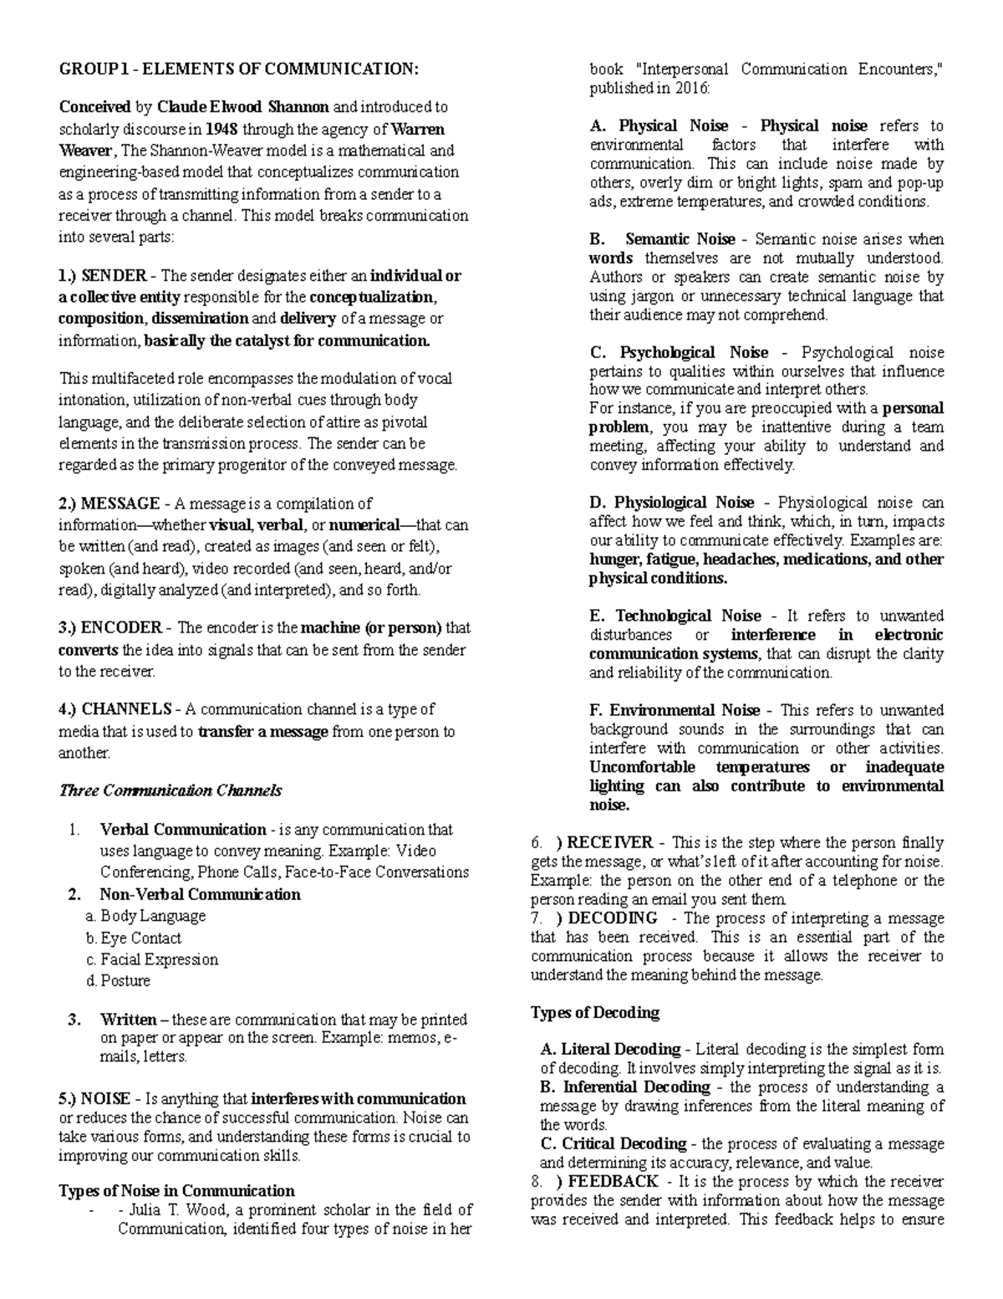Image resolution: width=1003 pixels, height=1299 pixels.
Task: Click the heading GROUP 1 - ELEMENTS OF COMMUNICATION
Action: click(237, 69)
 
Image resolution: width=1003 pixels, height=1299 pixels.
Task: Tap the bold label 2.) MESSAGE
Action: click(109, 504)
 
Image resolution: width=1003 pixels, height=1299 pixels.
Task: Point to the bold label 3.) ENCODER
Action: click(110, 628)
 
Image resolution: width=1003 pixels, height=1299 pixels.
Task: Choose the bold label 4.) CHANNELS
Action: click(115, 709)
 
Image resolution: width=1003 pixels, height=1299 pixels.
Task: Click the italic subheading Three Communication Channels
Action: click(170, 790)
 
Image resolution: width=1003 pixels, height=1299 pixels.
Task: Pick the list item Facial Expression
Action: click(159, 959)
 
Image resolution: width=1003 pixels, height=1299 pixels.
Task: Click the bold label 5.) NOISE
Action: click(94, 1098)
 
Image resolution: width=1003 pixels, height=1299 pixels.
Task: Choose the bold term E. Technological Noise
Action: click(675, 616)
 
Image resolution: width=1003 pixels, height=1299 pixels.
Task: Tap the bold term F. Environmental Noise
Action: click(675, 710)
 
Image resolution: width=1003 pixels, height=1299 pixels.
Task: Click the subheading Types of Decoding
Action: click(595, 1012)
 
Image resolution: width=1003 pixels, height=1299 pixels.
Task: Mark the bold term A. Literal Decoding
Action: click(610, 1049)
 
